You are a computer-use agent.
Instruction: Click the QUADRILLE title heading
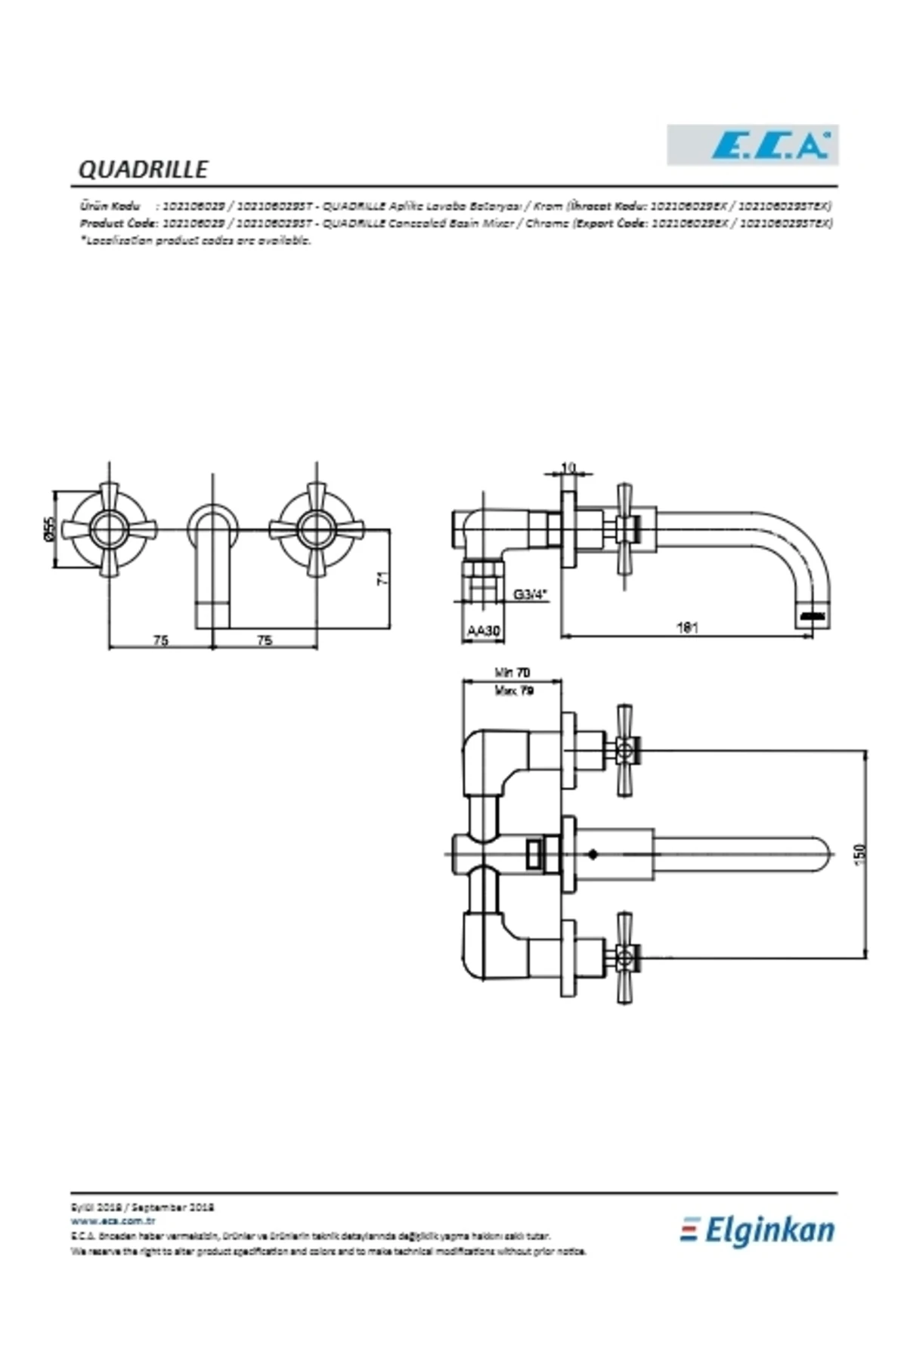143,169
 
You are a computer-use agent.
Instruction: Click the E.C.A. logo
752,145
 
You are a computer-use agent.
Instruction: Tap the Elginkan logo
758,1230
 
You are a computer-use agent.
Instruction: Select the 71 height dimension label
383,578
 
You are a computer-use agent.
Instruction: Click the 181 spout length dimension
687,627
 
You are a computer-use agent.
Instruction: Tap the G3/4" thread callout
529,594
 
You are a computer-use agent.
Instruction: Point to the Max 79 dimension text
514,690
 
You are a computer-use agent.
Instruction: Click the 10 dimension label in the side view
569,468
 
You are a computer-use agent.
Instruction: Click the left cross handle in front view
110,529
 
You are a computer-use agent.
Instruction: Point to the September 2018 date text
175,1208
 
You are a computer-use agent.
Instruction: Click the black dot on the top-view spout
593,854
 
